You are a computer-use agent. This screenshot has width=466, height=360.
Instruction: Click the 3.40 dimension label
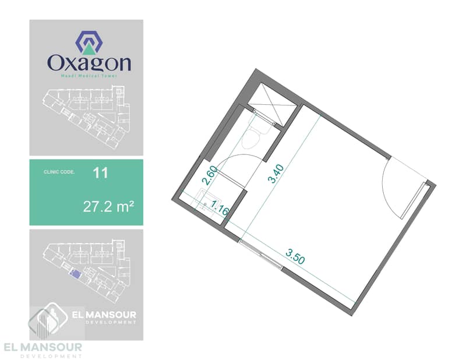(276, 174)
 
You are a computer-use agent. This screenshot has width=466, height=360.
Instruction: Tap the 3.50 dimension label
(295, 256)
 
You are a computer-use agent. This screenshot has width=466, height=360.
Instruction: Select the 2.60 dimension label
(210, 176)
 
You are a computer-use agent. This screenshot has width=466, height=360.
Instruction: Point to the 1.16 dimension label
(220, 207)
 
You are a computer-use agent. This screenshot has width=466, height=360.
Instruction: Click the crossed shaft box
(272, 104)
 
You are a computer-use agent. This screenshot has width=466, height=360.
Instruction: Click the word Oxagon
(89, 63)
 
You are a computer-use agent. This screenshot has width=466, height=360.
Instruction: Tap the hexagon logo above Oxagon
(89, 42)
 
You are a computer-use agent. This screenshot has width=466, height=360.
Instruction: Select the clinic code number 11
(100, 172)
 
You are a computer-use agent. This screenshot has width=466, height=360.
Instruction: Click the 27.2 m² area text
(108, 206)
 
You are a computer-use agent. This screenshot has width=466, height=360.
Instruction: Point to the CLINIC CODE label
(59, 172)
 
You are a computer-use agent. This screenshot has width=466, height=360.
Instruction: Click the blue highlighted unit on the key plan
(75, 273)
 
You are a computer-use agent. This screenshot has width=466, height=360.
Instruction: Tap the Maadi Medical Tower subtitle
(89, 76)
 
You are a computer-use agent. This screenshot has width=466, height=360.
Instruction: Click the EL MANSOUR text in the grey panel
(104, 315)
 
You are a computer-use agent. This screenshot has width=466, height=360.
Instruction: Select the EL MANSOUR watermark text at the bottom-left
(43, 347)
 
